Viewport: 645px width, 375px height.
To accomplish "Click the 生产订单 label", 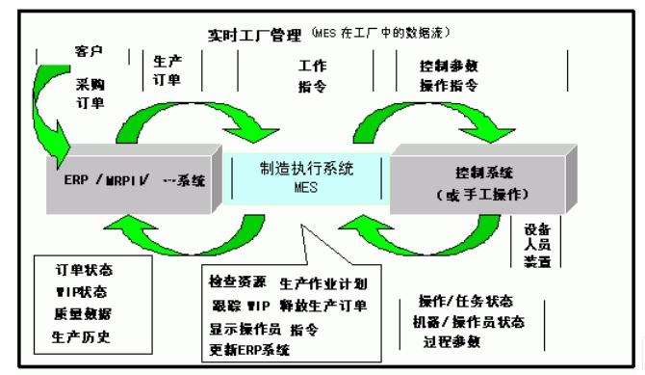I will tap(168, 70).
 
